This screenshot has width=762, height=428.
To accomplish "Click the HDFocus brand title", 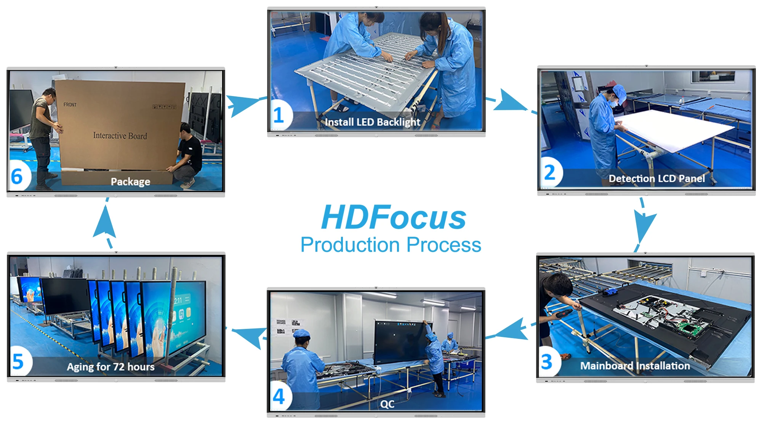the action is (394, 218).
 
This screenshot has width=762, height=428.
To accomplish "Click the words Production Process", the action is (391, 245).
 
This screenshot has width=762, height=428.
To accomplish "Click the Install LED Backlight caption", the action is (373, 122).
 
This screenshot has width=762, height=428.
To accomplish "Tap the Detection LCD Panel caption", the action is (657, 178).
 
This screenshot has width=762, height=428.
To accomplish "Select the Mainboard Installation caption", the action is (635, 366).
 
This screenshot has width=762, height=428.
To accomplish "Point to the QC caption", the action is (387, 404).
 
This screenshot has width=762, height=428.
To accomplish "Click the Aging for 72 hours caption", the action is (111, 367).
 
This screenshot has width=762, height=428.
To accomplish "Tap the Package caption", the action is (130, 182).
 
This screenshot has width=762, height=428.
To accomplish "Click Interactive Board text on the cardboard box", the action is (120, 136).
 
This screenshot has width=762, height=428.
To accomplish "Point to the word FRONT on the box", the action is (70, 104).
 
